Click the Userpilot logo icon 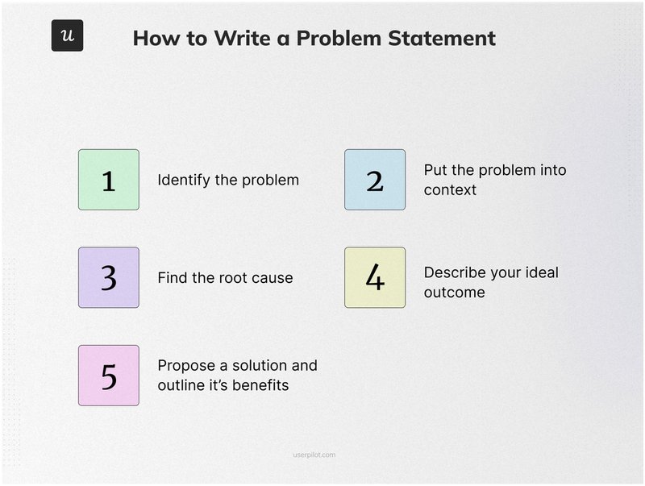pos(67,35)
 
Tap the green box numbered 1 pos(109,180)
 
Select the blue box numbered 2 pos(375,180)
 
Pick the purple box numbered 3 pos(109,277)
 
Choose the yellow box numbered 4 pos(375,277)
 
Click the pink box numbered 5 pos(109,376)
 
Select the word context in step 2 pos(451,190)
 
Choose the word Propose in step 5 pos(185,366)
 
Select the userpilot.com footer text pos(314,455)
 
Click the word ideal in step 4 pos(540,272)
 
